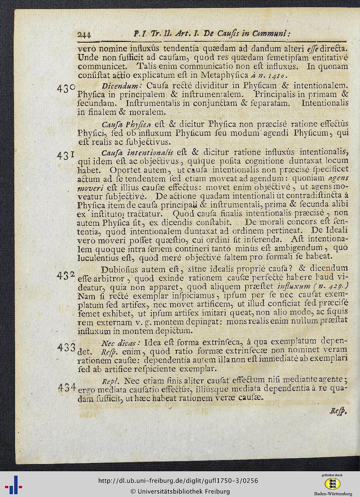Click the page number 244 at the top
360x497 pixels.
coord(84,34)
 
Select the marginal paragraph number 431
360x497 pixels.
coord(66,155)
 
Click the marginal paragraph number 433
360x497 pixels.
coord(66,347)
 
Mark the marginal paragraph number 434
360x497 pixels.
coord(66,387)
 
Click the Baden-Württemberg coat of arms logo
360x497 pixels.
coord(332,484)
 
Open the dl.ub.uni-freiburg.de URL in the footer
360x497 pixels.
coord(178,481)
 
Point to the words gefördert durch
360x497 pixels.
coord(332,475)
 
